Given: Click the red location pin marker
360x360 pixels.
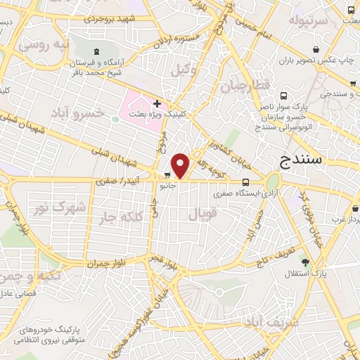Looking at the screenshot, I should point(181,165).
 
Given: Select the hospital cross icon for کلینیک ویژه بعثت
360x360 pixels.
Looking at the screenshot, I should point(157,103).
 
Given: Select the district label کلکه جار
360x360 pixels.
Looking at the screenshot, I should point(117,216).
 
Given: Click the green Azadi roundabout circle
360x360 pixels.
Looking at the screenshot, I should point(271,182).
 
